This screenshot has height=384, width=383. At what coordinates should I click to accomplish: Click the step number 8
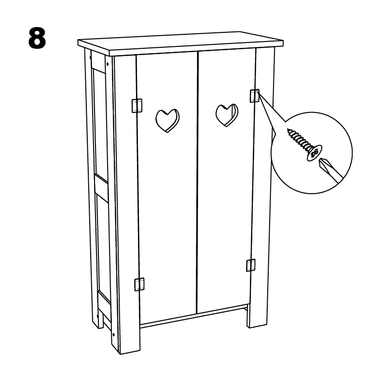tap(37, 38)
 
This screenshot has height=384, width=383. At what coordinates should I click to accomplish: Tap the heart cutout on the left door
tap(167, 120)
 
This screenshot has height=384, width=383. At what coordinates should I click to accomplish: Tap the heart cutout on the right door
tap(227, 115)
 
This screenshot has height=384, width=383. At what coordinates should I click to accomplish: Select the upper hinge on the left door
tap(137, 106)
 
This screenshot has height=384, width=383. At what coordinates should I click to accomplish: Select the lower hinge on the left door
tap(139, 284)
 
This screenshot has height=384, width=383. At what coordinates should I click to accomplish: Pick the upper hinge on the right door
tap(254, 96)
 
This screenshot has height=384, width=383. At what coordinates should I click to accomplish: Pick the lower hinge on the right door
tap(251, 265)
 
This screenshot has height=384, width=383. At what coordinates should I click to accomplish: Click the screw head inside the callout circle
tap(315, 153)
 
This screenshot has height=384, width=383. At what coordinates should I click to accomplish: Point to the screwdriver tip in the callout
tap(320, 163)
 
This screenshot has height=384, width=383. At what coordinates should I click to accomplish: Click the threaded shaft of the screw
tap(299, 139)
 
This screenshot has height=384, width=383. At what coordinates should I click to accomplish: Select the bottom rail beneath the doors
tap(194, 316)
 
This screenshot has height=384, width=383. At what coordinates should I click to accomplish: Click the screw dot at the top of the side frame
tap(108, 64)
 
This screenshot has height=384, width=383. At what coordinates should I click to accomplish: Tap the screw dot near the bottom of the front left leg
tap(114, 334)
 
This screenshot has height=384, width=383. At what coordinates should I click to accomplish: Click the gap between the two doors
tap(197, 183)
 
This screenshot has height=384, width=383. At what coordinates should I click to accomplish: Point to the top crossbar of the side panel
tap(98, 62)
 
